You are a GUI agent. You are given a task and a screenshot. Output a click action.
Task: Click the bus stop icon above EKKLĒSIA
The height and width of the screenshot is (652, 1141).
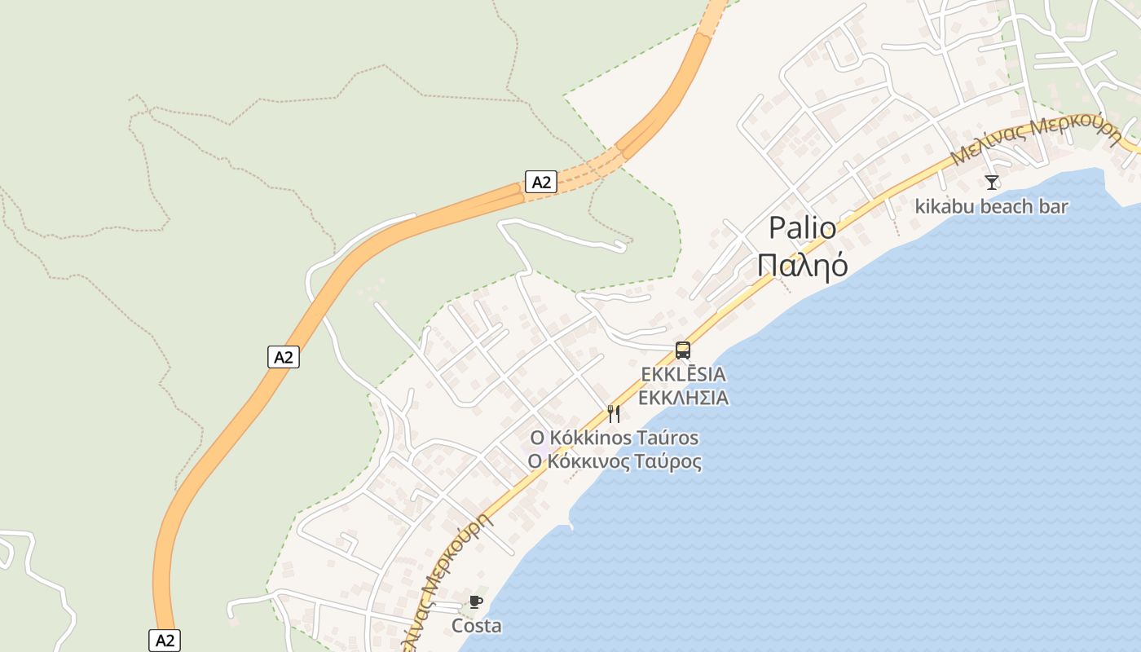pos(683,350)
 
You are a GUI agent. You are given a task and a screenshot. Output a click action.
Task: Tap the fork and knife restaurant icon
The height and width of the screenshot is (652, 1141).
pos(614,414)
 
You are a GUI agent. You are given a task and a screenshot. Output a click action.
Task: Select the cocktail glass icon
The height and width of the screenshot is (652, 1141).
pos(992,182)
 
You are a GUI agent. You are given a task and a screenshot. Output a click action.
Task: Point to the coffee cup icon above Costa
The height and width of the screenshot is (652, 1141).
pos(476,602)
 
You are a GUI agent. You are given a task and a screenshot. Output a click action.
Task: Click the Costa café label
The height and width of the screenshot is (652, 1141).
pos(477,626)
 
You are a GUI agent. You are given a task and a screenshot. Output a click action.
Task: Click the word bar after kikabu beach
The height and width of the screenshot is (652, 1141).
pos(1053,206)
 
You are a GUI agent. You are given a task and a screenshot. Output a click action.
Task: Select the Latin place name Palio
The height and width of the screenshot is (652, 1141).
pos(803,228)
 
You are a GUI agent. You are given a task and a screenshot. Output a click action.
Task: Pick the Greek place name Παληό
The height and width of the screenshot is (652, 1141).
pos(803,265)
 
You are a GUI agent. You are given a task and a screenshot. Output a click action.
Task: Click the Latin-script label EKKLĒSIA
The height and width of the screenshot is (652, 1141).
pos(683,374)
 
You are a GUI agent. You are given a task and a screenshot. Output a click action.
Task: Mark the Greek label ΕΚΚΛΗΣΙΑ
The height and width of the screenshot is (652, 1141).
pos(683,398)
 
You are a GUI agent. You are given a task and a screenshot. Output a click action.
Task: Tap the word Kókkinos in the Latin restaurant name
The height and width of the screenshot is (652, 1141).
pos(585,438)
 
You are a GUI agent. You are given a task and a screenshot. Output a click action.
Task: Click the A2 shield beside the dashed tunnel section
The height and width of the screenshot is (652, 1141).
pos(541,182)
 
